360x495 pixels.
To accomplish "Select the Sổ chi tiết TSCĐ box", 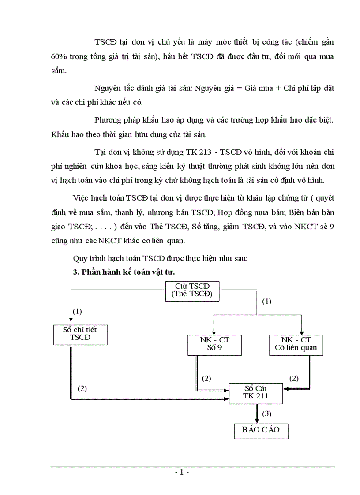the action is (x=80, y=335).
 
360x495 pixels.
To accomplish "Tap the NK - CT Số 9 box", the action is (x=214, y=344).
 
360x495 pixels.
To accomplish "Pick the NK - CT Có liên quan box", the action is (x=296, y=344).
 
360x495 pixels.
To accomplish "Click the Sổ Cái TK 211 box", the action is (x=256, y=392).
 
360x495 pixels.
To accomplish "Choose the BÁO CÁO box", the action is (x=261, y=429).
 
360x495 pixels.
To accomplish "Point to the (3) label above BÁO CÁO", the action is (x=267, y=413).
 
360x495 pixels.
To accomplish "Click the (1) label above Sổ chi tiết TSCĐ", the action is (x=77, y=311).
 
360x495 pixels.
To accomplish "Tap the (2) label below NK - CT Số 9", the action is (x=206, y=378).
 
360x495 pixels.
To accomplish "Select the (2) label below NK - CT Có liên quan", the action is (x=294, y=378).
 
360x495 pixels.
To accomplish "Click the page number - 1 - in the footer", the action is (x=182, y=472).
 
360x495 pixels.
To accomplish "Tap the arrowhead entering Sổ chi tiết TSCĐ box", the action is (x=71, y=322).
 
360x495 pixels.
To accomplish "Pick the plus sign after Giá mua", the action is (x=278, y=88).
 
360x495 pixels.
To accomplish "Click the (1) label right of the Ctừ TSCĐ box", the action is (x=267, y=301).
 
